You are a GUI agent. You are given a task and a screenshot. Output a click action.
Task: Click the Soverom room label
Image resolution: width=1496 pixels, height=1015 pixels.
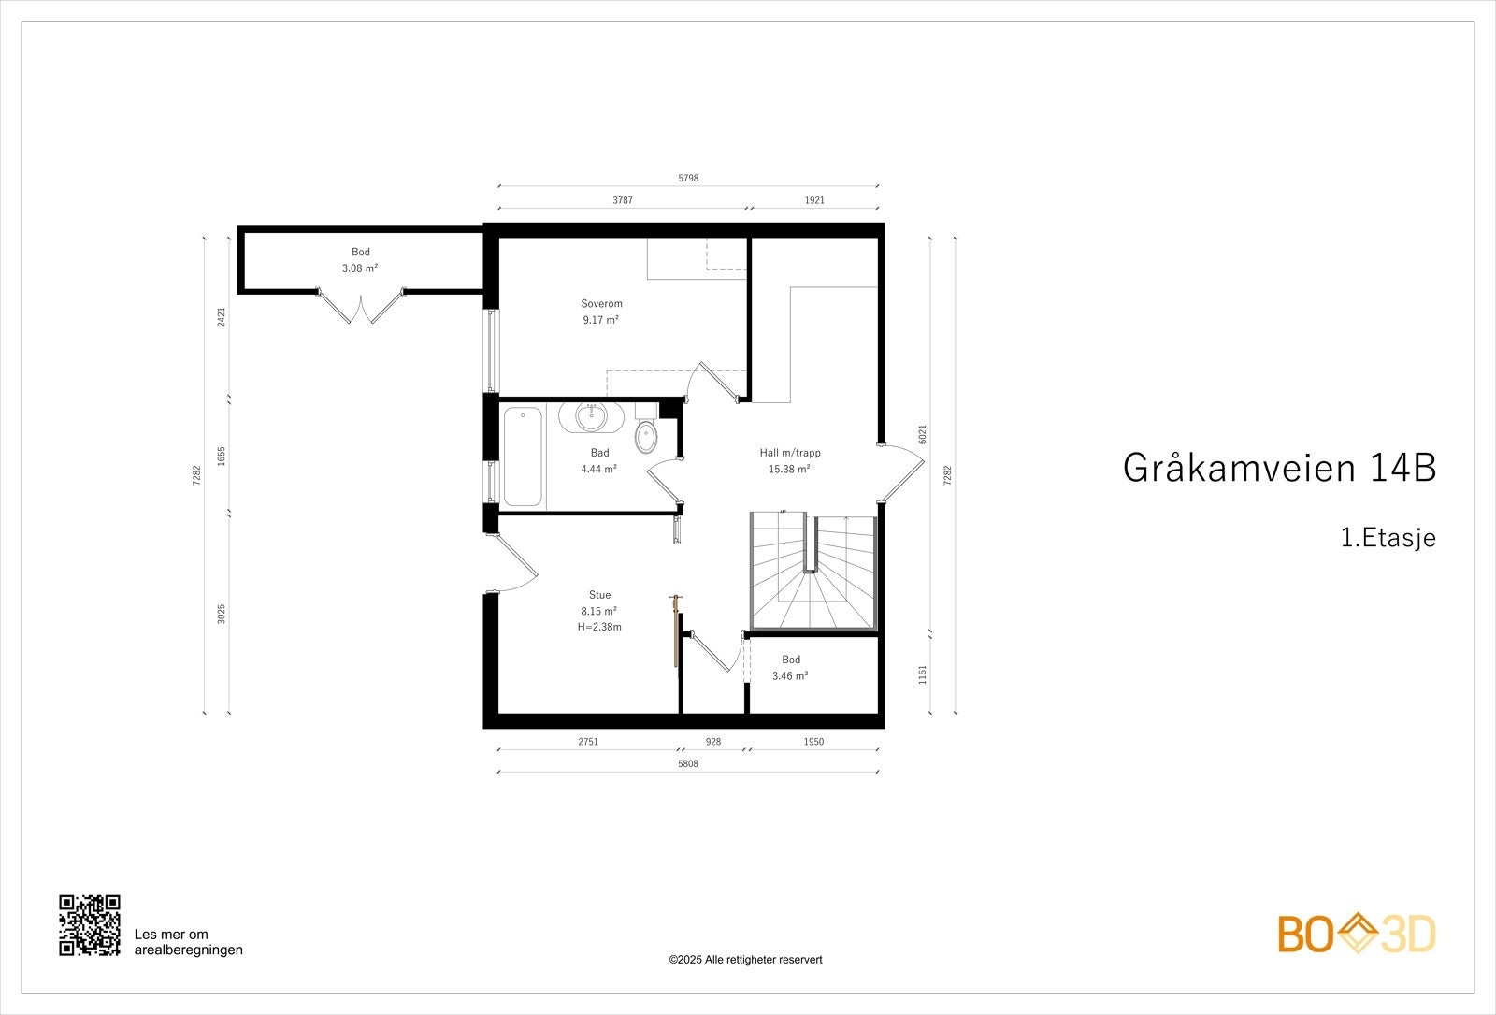pyautogui.click(x=601, y=303)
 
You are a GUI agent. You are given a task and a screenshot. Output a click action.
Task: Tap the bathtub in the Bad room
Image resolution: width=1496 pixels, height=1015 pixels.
pyautogui.click(x=522, y=456)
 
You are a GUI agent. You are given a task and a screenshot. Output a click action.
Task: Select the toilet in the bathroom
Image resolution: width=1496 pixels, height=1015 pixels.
pyautogui.click(x=645, y=436)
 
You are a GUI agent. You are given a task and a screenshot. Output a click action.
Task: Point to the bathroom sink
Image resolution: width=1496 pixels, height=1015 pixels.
pyautogui.click(x=591, y=416)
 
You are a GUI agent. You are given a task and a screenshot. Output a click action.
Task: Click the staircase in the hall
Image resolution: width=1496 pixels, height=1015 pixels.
pyautogui.click(x=813, y=571)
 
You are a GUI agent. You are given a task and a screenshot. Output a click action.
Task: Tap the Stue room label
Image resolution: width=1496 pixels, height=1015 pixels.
pyautogui.click(x=599, y=595)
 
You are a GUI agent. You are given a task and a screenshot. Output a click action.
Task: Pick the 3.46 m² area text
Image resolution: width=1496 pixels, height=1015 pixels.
pyautogui.click(x=790, y=675)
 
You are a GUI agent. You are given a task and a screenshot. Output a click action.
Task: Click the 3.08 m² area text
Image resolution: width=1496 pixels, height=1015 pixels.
pyautogui.click(x=360, y=268)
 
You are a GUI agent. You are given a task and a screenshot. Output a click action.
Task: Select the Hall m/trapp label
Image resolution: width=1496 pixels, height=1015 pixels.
pyautogui.click(x=790, y=453)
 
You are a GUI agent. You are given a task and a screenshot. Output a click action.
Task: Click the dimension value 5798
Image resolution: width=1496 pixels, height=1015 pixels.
pyautogui.click(x=687, y=178)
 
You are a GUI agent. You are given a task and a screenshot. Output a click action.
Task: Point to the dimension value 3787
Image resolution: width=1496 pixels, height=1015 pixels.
pyautogui.click(x=623, y=200)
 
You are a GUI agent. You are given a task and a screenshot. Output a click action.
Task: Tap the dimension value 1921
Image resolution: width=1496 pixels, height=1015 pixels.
pyautogui.click(x=814, y=200)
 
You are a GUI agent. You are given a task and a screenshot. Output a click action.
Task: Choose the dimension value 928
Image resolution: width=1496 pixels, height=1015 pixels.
pyautogui.click(x=713, y=742)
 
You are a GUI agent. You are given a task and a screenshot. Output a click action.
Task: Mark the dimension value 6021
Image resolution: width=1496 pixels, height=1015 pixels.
pyautogui.click(x=922, y=434)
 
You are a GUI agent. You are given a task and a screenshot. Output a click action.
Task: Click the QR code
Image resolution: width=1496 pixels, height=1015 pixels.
pyautogui.click(x=90, y=925)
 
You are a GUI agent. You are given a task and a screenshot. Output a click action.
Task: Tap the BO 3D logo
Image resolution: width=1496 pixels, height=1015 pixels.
pyautogui.click(x=1357, y=935)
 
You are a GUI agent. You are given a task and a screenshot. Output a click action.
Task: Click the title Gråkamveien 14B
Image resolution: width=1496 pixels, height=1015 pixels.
pyautogui.click(x=1278, y=468)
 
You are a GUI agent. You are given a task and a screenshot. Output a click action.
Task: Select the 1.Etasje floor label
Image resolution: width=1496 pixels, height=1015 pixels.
pyautogui.click(x=1388, y=538)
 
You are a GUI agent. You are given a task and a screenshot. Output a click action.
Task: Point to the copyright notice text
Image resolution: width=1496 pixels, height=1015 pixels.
pyautogui.click(x=745, y=959)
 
